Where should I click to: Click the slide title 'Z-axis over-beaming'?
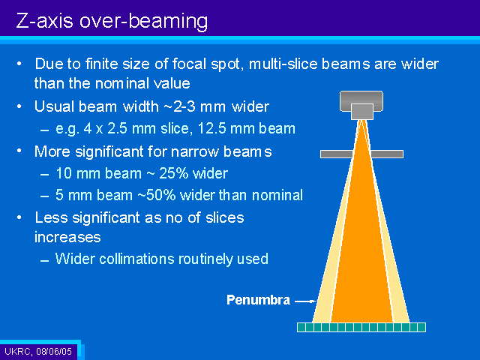tap(112, 22)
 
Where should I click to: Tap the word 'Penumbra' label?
tap(258, 300)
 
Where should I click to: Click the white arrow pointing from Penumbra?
tap(305, 301)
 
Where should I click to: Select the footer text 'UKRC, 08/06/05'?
tap(38, 351)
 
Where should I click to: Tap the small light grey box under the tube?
tap(362, 112)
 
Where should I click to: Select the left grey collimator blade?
tap(337, 154)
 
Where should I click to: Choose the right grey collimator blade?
tap(387, 154)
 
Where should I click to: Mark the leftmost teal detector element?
tap(301, 327)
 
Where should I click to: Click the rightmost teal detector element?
tap(421, 327)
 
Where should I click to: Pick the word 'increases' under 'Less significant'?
tap(67, 237)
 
